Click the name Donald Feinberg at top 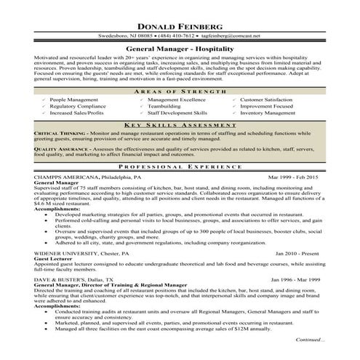180,20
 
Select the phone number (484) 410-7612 175,34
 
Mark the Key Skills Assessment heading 180,125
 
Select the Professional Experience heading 180,167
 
